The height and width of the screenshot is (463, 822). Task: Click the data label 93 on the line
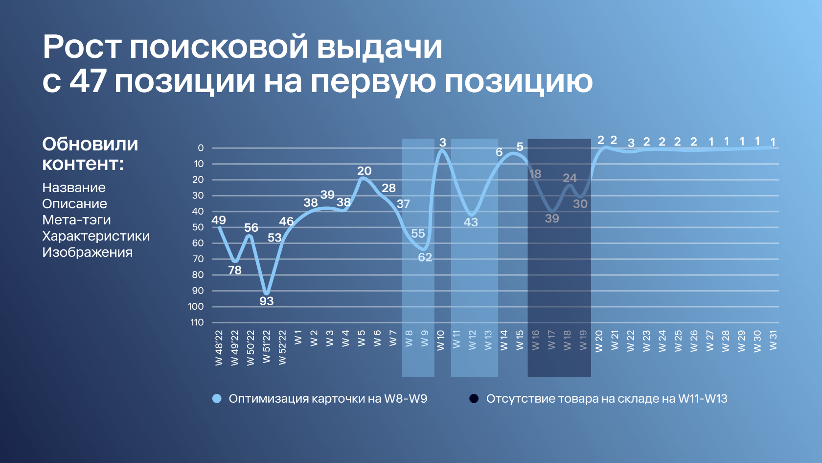pyautogui.click(x=266, y=301)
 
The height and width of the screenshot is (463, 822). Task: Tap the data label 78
pyautogui.click(x=235, y=270)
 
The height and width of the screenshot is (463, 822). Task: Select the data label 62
pyautogui.click(x=425, y=257)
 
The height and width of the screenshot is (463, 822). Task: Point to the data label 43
pyautogui.click(x=471, y=222)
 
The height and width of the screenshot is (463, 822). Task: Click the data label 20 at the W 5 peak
pyautogui.click(x=365, y=171)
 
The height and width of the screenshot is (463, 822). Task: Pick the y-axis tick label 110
pyautogui.click(x=197, y=322)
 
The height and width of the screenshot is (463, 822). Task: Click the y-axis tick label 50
pyautogui.click(x=198, y=227)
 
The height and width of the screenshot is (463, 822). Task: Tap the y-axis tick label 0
pyautogui.click(x=201, y=148)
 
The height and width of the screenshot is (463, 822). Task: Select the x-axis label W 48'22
pyautogui.click(x=219, y=348)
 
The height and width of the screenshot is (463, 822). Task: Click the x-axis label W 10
pyautogui.click(x=441, y=341)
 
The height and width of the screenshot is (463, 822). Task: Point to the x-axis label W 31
pyautogui.click(x=773, y=340)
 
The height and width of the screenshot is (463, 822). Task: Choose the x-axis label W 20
pyautogui.click(x=599, y=341)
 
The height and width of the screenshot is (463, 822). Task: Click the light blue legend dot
pyautogui.click(x=217, y=399)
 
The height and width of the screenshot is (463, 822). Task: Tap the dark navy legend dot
pyautogui.click(x=474, y=399)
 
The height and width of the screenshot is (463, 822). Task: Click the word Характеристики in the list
pyautogui.click(x=96, y=236)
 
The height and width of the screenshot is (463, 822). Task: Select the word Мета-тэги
pyautogui.click(x=77, y=220)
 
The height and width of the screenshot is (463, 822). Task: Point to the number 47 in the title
pyautogui.click(x=88, y=81)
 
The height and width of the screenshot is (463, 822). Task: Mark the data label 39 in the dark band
pyautogui.click(x=552, y=219)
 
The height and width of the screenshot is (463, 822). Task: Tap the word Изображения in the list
pyautogui.click(x=87, y=252)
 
